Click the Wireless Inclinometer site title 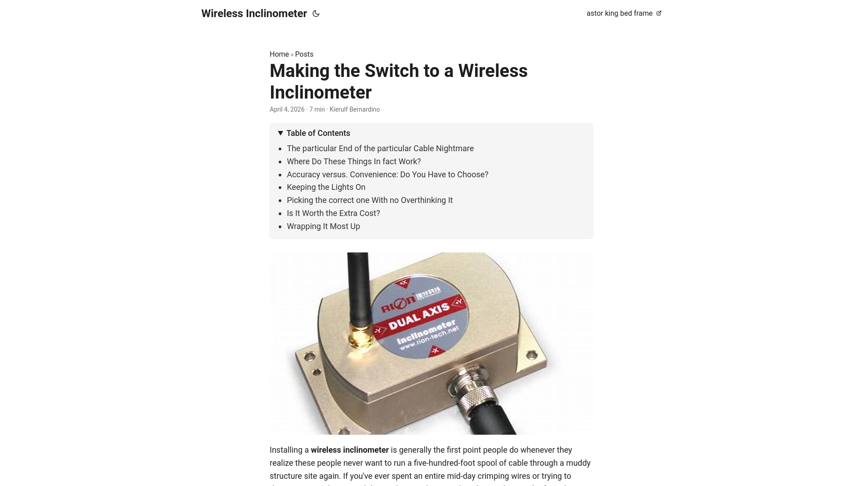(x=254, y=13)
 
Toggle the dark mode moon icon (x=316, y=13)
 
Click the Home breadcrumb (x=279, y=54)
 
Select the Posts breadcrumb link (x=304, y=54)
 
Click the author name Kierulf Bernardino (x=355, y=109)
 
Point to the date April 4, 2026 (x=287, y=109)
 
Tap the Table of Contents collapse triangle (x=280, y=133)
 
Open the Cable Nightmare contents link (x=380, y=148)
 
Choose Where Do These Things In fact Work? (x=354, y=162)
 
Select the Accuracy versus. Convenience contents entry (x=387, y=175)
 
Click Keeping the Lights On (x=326, y=187)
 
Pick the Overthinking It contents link (x=369, y=200)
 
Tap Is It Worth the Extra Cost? (x=333, y=213)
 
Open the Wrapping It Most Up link (x=323, y=226)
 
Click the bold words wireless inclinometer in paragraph (x=350, y=450)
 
